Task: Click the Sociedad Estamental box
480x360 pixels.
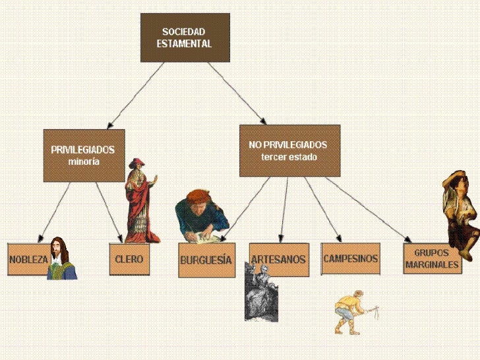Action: click(185, 38)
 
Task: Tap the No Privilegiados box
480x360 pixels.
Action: click(289, 151)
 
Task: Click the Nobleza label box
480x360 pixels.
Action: click(28, 260)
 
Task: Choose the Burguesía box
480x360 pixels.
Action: click(206, 260)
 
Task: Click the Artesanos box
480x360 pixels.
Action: click(279, 259)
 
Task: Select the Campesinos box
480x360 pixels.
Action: click(351, 258)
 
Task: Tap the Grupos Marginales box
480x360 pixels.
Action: click(431, 258)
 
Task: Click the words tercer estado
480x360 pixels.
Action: click(289, 158)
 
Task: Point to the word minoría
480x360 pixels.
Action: click(83, 161)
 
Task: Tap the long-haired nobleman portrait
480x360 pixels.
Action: click(61, 258)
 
